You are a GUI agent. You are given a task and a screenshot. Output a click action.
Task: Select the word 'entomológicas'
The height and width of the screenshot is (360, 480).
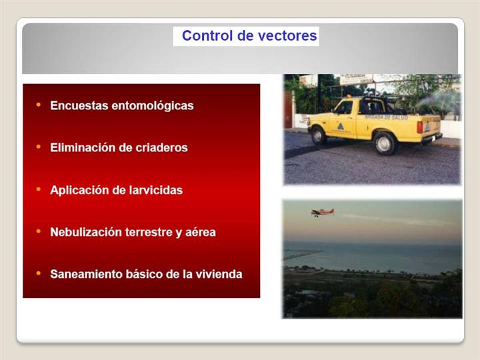pos(153,106)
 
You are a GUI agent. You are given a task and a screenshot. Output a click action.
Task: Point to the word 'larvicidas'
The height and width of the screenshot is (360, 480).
pos(156,190)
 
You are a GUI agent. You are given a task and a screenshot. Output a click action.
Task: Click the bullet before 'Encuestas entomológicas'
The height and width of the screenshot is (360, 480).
pos(38,105)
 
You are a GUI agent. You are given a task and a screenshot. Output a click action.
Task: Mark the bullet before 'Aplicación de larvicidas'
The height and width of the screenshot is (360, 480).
pos(38,189)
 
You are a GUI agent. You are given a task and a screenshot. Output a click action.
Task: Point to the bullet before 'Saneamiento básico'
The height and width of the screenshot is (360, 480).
pos(38,273)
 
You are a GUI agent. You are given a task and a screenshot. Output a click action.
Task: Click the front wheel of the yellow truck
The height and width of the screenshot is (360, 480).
pos(319,135)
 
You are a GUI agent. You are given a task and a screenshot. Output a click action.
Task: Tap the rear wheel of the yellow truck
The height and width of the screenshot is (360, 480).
pos(384,143)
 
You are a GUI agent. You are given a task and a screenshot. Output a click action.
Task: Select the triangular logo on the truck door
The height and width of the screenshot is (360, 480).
pos(341,126)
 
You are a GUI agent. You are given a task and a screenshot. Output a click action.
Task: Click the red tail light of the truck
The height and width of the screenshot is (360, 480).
pos(420,127)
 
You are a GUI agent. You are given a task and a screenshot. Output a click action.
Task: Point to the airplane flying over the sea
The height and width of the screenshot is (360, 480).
pos(323,212)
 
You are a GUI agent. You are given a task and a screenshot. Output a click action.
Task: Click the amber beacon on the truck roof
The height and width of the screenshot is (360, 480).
pos(349,97)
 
